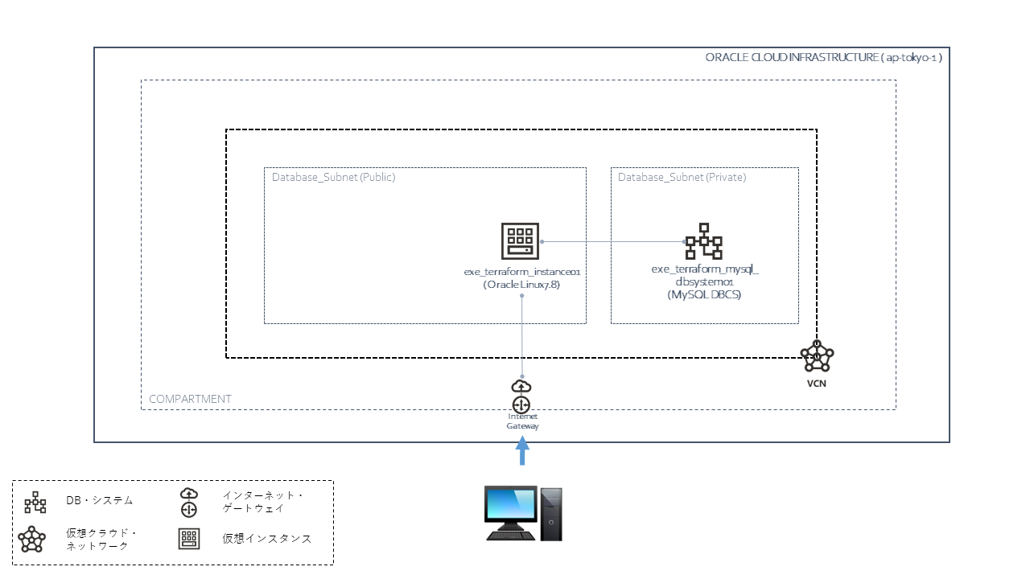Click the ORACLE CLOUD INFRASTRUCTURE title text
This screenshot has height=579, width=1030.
pos(823,58)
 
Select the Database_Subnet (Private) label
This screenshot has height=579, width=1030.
pos(682,177)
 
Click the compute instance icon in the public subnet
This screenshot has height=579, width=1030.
pos(519,241)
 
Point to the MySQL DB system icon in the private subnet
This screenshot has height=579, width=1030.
pos(703,241)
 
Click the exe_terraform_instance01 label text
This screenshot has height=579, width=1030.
pos(521,272)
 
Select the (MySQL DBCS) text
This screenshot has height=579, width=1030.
pos(704,295)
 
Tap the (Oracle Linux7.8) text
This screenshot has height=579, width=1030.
pos(521,285)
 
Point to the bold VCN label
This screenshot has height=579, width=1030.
pos(817,384)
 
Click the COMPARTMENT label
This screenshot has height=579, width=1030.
pos(190,399)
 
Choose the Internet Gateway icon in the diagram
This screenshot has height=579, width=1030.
pos(521,396)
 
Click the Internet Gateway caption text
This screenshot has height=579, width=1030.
pos(522,421)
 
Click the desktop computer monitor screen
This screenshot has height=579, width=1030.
pos(511,506)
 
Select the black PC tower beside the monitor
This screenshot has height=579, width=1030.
pos(551,514)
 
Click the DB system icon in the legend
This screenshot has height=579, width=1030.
pos(35,503)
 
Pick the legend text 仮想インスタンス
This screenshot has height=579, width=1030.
pos(266,539)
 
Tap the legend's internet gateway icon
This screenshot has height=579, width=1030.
pos(188,502)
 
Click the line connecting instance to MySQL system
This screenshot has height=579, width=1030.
pos(612,241)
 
